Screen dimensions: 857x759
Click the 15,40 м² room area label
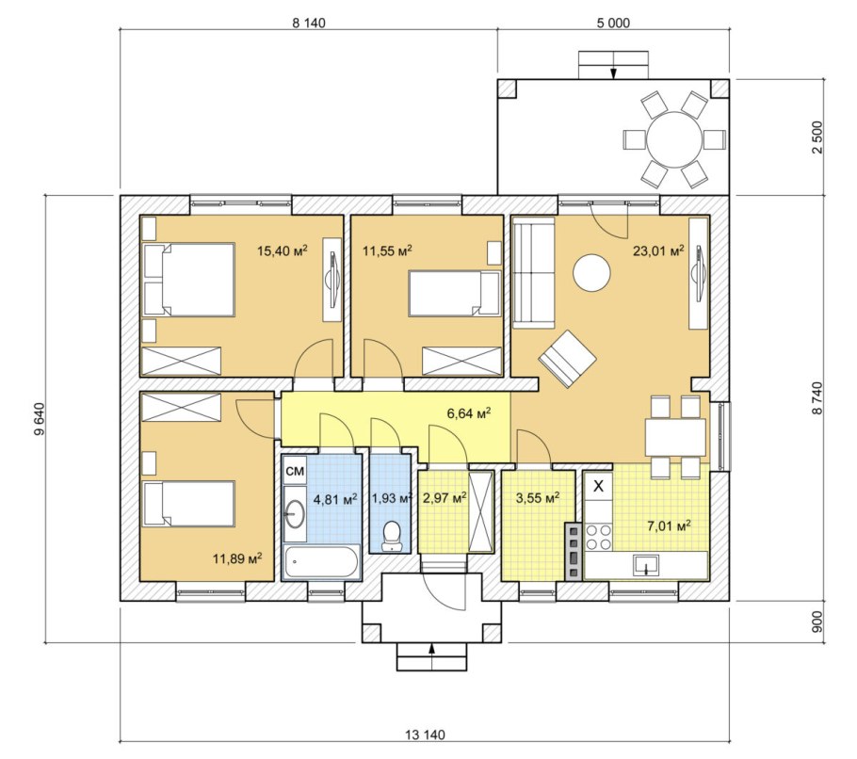click(x=282, y=250)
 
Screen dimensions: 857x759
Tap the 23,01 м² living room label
click(x=658, y=250)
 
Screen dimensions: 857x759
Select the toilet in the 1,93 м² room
click(x=392, y=536)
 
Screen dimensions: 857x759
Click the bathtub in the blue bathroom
click(x=321, y=562)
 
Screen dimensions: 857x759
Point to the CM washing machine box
click(x=295, y=472)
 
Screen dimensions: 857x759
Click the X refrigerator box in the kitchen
click(x=599, y=485)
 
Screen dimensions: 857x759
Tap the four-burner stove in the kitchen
click(x=598, y=537)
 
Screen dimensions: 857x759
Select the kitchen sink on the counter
click(x=647, y=565)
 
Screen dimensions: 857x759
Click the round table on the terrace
click(x=674, y=138)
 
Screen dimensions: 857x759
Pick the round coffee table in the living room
click(x=591, y=273)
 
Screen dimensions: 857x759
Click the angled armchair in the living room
click(x=567, y=359)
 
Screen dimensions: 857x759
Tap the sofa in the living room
click(x=533, y=272)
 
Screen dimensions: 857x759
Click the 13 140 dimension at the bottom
click(x=426, y=735)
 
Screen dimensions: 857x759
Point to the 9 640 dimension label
click(x=39, y=419)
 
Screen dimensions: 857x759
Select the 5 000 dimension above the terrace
click(x=613, y=23)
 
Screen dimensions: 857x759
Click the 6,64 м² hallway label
click(x=469, y=413)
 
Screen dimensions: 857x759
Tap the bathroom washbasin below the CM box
click(x=295, y=513)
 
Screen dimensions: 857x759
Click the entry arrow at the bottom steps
click(x=431, y=656)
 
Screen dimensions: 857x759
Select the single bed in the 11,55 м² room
click(x=455, y=294)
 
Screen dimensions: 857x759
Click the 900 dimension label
click(x=817, y=622)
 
